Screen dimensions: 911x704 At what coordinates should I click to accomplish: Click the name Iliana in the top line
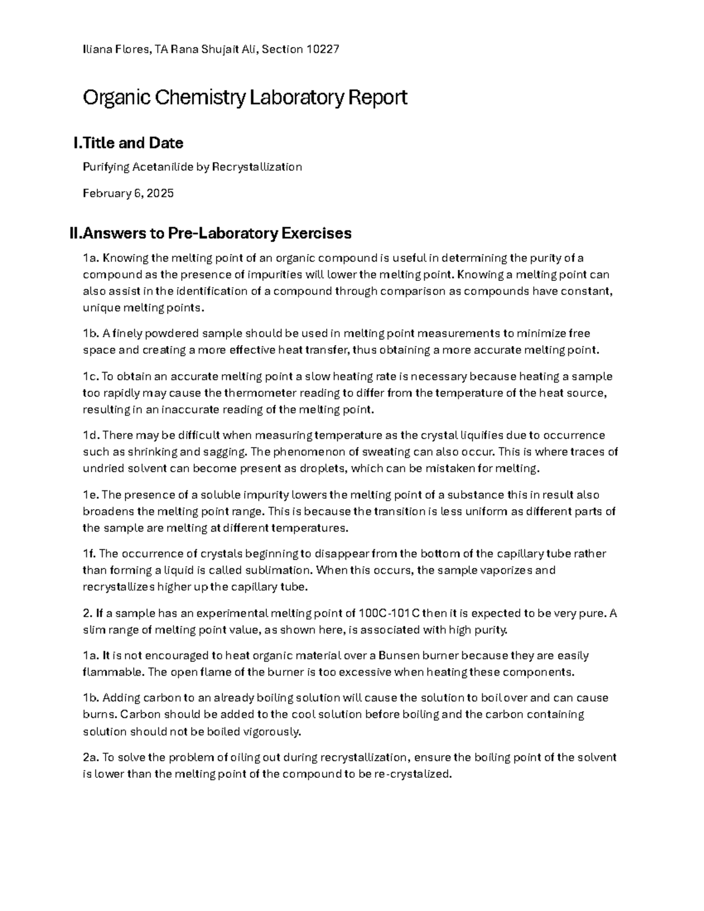[96, 49]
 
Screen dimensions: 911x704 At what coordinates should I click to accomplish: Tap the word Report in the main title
[377, 97]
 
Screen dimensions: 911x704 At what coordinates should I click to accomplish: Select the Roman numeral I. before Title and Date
[76, 143]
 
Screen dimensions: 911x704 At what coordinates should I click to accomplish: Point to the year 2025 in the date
[160, 193]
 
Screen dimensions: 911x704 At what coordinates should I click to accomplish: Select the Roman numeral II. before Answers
[75, 233]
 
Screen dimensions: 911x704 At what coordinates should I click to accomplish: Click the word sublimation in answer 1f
[277, 570]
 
